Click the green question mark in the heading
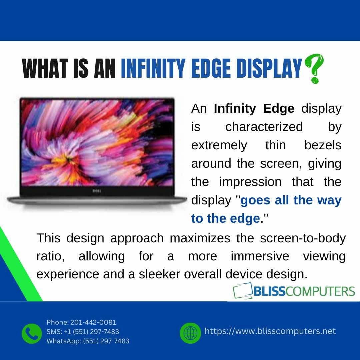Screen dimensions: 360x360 [x=314, y=69]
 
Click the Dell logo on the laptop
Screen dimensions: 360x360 [x=96, y=191]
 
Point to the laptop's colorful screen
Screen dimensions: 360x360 [x=97, y=142]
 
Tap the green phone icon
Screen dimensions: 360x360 [x=32, y=333]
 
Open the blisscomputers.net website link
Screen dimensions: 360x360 [x=270, y=331]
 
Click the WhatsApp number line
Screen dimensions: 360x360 [x=88, y=341]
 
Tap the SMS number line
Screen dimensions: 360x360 [x=83, y=332]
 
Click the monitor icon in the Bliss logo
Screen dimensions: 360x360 [x=243, y=291]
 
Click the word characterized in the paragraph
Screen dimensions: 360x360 [x=264, y=127]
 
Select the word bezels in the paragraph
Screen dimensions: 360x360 [x=323, y=145]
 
